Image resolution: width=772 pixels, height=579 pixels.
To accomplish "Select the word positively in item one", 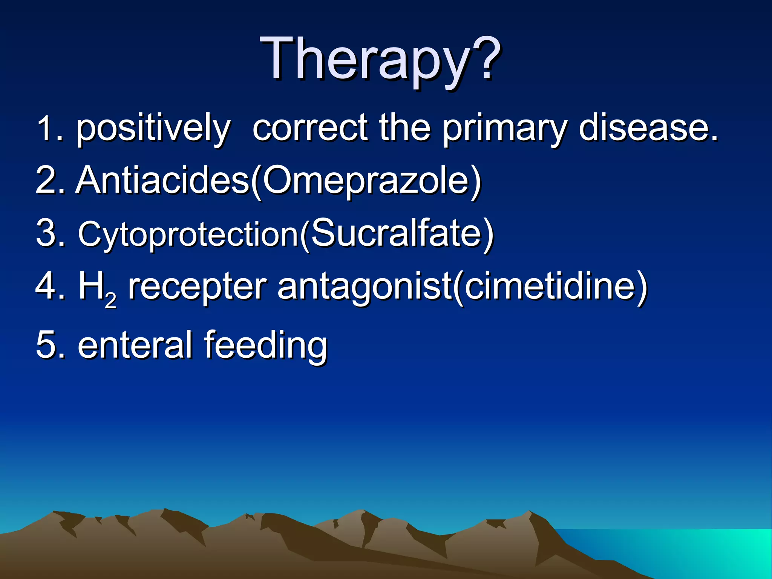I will pyautogui.click(x=153, y=129).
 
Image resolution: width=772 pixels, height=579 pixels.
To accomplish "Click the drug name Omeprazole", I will pyautogui.click(x=366, y=181).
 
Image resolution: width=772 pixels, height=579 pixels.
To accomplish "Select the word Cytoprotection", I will pyautogui.click(x=188, y=234).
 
